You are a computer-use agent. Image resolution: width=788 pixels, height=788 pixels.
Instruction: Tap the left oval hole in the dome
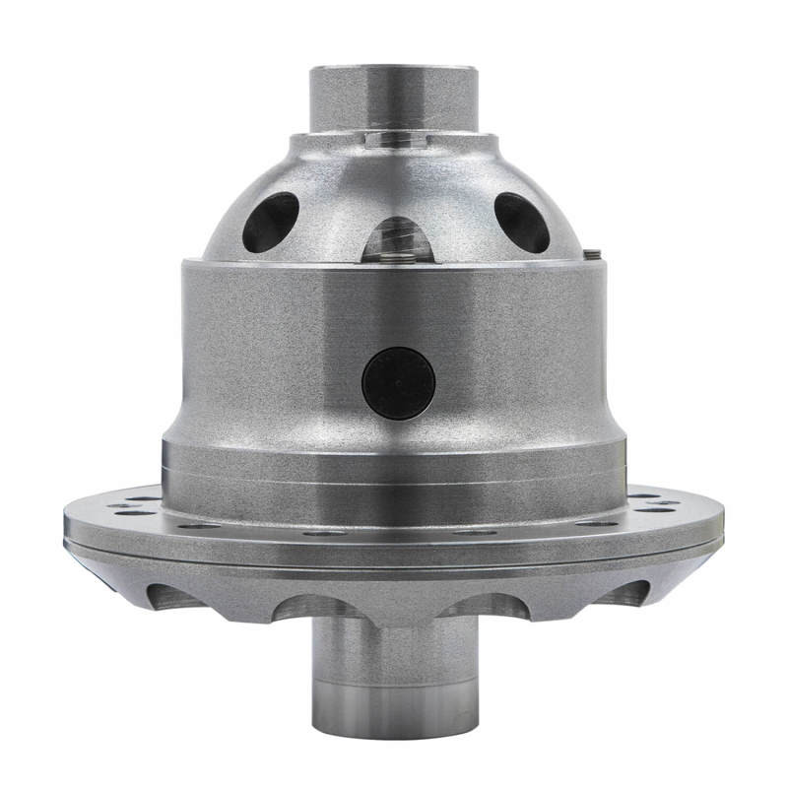[270, 221]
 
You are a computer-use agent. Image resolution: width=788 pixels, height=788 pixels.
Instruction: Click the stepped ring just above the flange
[394, 473]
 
